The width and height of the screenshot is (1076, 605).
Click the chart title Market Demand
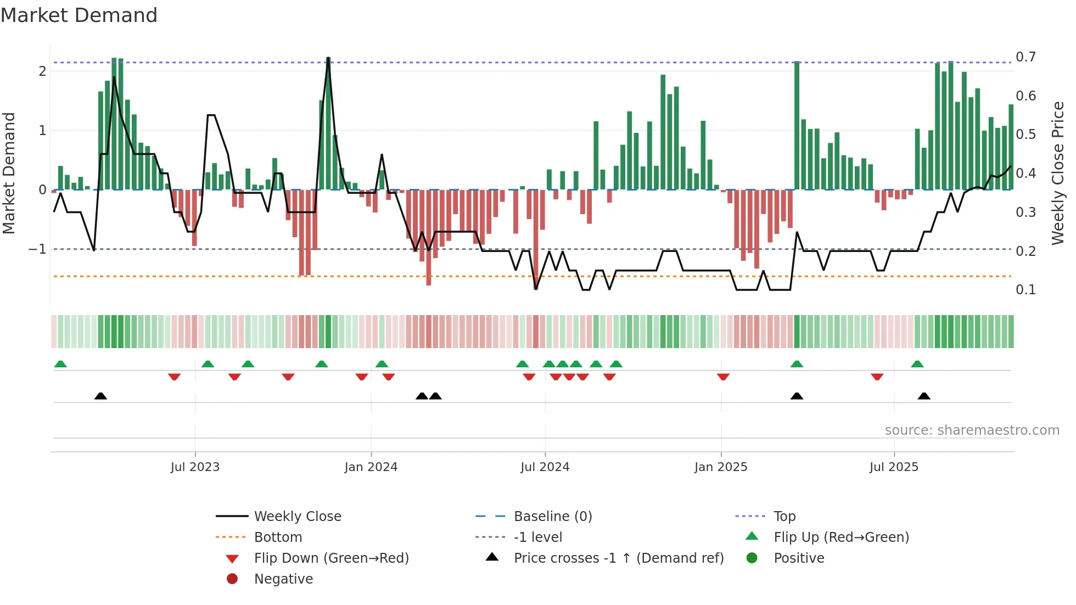point(79,15)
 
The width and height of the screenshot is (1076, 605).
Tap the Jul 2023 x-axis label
point(195,467)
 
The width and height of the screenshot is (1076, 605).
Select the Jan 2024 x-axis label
point(371,467)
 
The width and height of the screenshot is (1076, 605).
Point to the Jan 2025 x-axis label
point(720,467)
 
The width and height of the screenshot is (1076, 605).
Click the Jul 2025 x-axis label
point(894,467)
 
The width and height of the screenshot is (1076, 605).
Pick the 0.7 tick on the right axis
point(1025,57)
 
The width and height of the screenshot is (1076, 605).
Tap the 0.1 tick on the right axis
point(1025,290)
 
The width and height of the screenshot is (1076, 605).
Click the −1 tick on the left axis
point(37,249)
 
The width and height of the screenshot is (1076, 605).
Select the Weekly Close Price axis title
point(1057,173)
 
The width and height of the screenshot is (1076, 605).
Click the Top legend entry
point(784,517)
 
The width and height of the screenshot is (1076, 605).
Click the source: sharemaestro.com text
point(972,430)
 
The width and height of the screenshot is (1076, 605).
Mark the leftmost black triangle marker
point(100,396)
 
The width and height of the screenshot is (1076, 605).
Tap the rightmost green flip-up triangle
point(917,364)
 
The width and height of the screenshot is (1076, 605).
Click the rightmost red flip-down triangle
point(877,377)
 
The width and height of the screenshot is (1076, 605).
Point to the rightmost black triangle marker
point(924,396)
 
